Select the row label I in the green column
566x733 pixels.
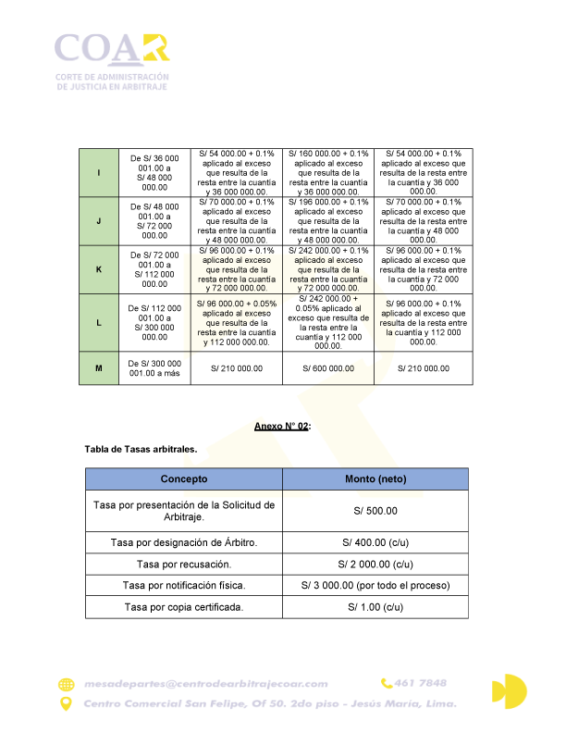(x=99, y=173)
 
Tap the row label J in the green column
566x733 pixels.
(x=99, y=221)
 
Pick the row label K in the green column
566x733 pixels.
(x=99, y=269)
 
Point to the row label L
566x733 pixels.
(x=99, y=321)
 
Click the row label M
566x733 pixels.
(x=99, y=368)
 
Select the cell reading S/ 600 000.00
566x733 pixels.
(x=327, y=368)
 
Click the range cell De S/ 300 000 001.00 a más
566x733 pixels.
(x=154, y=368)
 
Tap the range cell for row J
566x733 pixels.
(x=154, y=221)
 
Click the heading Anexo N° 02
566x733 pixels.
(x=282, y=426)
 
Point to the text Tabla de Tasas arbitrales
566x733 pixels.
(x=140, y=449)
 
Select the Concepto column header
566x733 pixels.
(x=184, y=479)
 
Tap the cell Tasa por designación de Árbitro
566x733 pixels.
(x=184, y=542)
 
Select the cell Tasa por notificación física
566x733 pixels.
(x=184, y=586)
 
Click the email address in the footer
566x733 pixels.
(x=205, y=684)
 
